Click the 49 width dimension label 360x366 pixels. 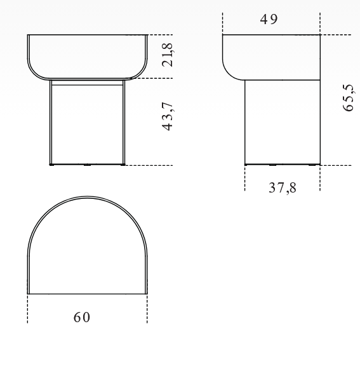269,19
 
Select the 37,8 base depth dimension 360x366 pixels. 282,188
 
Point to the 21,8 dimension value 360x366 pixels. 168,55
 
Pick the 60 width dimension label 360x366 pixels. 81,317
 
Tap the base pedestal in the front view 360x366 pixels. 87,124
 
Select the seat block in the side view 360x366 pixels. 272,57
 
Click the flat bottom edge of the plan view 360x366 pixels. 87,294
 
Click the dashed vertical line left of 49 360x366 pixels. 223,22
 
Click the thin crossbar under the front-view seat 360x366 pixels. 87,83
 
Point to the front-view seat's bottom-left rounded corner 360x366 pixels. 34,73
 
